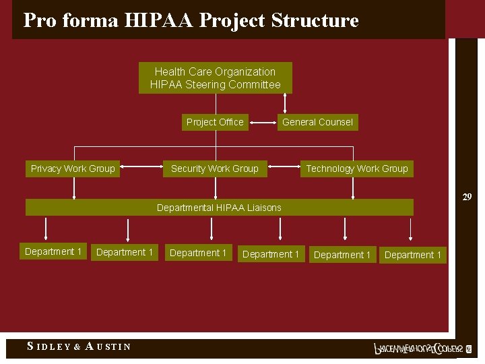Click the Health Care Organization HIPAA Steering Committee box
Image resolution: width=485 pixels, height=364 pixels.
(x=216, y=78)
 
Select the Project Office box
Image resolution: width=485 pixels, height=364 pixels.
(x=215, y=122)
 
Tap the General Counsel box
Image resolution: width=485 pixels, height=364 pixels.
(x=317, y=122)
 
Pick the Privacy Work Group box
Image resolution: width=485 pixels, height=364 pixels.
(x=73, y=169)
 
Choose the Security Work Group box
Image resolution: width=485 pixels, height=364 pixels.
(x=215, y=169)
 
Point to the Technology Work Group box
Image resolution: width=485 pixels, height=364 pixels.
(x=357, y=169)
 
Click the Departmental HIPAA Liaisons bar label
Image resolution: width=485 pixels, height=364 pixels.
(x=219, y=208)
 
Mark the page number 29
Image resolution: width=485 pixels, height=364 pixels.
(x=467, y=198)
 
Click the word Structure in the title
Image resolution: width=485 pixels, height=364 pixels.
(x=315, y=20)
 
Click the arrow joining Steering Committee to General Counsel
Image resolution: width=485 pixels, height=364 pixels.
(x=285, y=102)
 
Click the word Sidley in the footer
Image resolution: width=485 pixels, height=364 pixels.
(x=48, y=346)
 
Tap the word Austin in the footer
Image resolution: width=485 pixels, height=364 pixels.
(x=108, y=346)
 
